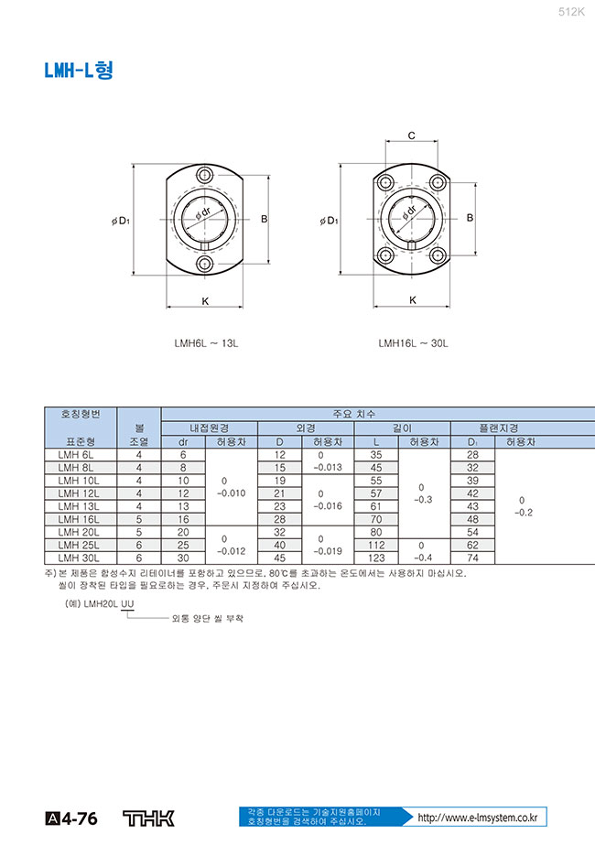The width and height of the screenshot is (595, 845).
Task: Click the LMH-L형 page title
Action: [79, 71]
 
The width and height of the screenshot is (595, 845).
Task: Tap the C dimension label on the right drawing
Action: [412, 135]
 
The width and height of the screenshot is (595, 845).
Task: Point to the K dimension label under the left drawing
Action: [204, 301]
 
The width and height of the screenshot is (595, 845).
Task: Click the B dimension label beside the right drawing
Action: [470, 218]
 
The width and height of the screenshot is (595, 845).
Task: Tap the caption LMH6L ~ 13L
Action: [206, 344]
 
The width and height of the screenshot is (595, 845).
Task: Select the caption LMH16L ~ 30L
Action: [413, 344]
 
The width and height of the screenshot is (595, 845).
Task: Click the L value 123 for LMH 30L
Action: [375, 558]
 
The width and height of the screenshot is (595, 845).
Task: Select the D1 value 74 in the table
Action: [473, 558]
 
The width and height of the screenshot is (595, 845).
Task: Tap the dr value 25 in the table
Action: [183, 545]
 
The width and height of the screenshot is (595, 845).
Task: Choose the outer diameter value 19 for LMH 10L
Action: [280, 480]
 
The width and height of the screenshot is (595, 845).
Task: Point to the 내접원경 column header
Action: [209, 428]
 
